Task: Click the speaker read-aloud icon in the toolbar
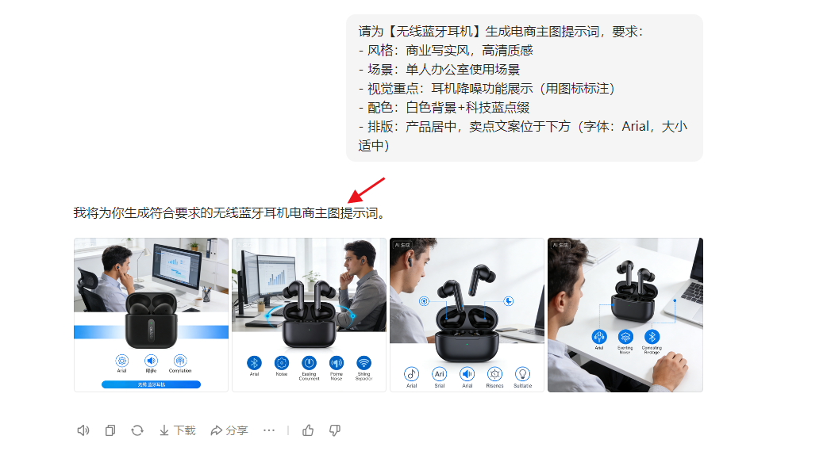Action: (x=83, y=430)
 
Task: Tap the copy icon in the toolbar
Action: (x=110, y=430)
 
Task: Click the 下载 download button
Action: (x=177, y=430)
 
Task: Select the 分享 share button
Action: (x=229, y=430)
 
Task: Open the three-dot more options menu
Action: (x=269, y=430)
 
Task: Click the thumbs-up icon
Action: (x=308, y=430)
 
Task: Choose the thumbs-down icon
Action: (x=335, y=430)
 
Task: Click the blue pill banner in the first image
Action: (x=151, y=384)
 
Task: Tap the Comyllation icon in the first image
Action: (x=180, y=361)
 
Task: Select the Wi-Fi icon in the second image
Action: (x=363, y=362)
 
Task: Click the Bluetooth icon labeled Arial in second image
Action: (x=254, y=362)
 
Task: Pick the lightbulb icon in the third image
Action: (x=522, y=373)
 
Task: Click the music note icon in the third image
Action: (x=411, y=373)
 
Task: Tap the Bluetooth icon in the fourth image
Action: (x=652, y=337)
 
